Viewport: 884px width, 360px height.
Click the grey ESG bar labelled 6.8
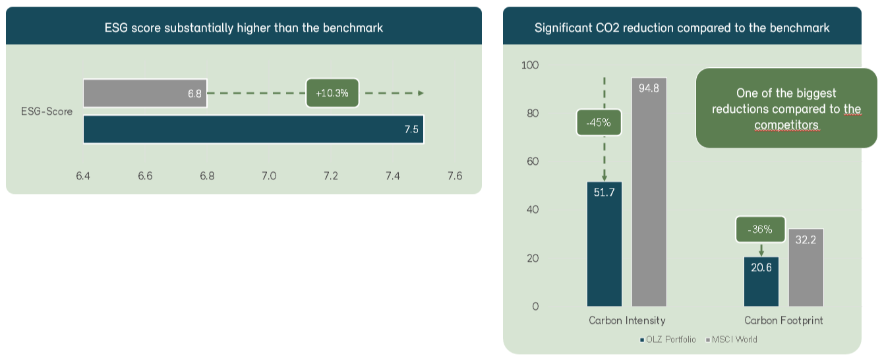[145, 93]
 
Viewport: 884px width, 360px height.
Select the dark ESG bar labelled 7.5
[253, 129]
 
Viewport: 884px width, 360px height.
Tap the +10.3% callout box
[332, 93]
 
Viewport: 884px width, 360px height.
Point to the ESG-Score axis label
[47, 111]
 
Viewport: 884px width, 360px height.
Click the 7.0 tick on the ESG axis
[268, 176]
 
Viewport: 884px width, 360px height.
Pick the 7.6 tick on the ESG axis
[454, 176]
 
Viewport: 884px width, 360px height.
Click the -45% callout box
[599, 122]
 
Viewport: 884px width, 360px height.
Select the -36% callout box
[760, 229]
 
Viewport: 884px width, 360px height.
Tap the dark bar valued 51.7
[604, 244]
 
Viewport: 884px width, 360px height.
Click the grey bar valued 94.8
[649, 192]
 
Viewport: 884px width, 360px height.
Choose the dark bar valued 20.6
[761, 282]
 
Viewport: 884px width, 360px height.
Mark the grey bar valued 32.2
[806, 268]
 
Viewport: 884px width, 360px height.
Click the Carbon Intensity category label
[627, 320]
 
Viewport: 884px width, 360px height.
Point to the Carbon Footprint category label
[784, 320]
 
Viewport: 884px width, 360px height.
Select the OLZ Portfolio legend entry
[667, 340]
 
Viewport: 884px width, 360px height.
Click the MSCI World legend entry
[732, 340]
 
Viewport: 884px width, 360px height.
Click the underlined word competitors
[786, 125]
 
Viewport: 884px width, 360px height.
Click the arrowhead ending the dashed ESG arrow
[421, 93]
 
